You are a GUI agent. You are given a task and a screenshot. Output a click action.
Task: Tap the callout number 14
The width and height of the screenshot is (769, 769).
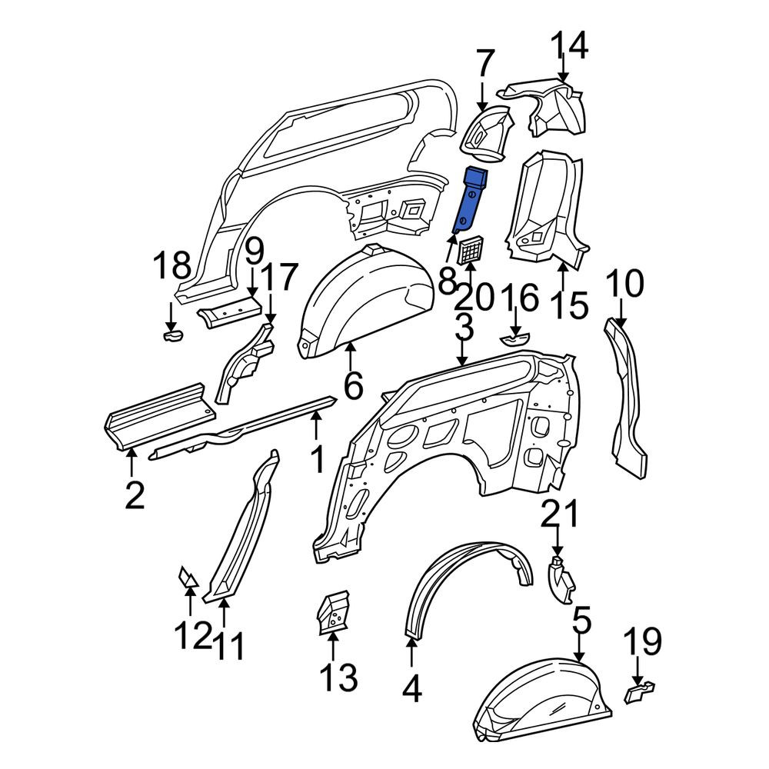click(569, 45)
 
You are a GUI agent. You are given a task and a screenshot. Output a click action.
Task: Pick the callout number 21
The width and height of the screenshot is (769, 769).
click(560, 514)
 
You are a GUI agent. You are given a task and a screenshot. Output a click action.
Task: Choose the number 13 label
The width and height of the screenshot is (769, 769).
click(338, 677)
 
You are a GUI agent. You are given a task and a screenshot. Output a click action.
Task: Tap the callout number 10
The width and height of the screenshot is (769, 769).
click(624, 283)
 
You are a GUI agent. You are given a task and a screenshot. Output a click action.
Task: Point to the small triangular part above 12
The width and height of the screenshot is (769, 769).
click(188, 577)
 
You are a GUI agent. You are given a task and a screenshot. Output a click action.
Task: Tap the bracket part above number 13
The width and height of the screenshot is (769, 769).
click(332, 612)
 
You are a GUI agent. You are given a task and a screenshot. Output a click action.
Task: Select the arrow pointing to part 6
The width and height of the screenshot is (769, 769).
click(350, 361)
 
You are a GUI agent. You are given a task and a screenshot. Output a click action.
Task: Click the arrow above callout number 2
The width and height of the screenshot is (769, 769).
click(131, 461)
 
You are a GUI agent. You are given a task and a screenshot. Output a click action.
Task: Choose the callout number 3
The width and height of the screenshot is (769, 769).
click(464, 327)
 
